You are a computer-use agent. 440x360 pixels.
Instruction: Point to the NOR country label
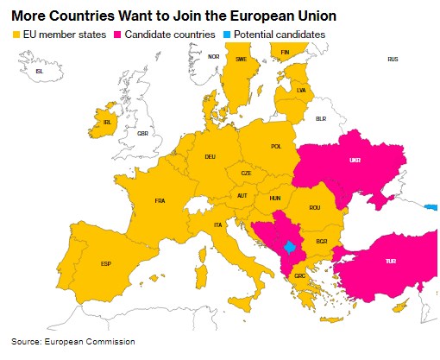click(213, 57)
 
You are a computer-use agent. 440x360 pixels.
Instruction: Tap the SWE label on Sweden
click(242, 60)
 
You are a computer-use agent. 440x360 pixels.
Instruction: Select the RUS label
click(393, 59)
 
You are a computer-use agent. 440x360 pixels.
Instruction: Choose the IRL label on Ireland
click(108, 123)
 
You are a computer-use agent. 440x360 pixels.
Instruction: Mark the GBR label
click(143, 134)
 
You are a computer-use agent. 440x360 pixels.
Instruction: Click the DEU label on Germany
click(210, 157)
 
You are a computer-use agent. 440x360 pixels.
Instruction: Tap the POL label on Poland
click(276, 147)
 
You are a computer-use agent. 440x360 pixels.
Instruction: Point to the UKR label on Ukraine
click(355, 161)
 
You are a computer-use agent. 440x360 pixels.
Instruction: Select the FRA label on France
click(160, 201)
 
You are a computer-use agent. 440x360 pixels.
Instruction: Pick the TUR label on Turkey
click(390, 261)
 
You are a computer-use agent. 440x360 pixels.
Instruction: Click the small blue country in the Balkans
click(291, 248)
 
